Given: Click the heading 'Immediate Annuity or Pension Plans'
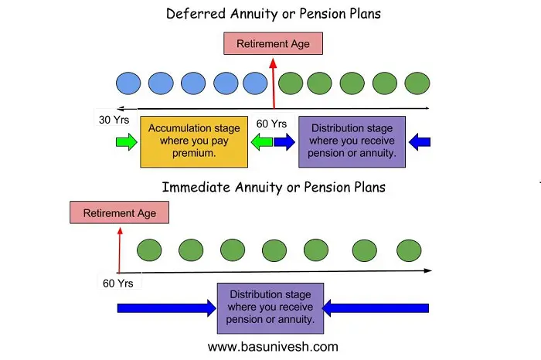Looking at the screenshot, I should [x=273, y=187].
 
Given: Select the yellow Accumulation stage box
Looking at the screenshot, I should [x=194, y=141].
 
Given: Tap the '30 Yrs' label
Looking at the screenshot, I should [x=114, y=121].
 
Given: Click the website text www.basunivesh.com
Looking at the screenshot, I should [x=273, y=347].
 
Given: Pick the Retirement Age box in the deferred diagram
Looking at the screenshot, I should [x=273, y=43].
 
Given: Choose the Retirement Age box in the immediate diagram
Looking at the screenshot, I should [x=119, y=213].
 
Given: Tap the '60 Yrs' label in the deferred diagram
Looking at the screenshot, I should [x=272, y=124].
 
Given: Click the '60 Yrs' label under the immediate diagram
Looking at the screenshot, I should [x=118, y=284].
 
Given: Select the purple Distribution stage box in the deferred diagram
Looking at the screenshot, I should [x=352, y=141].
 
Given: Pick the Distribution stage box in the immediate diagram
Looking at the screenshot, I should [x=270, y=307].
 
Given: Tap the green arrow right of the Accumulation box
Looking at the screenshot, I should [x=260, y=141].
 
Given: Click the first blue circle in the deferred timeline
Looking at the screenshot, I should [x=128, y=82].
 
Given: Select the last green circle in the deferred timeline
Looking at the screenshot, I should [x=417, y=82].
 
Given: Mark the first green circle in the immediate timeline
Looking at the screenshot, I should [x=149, y=250].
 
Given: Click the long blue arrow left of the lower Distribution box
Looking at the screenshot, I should [x=166, y=307].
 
